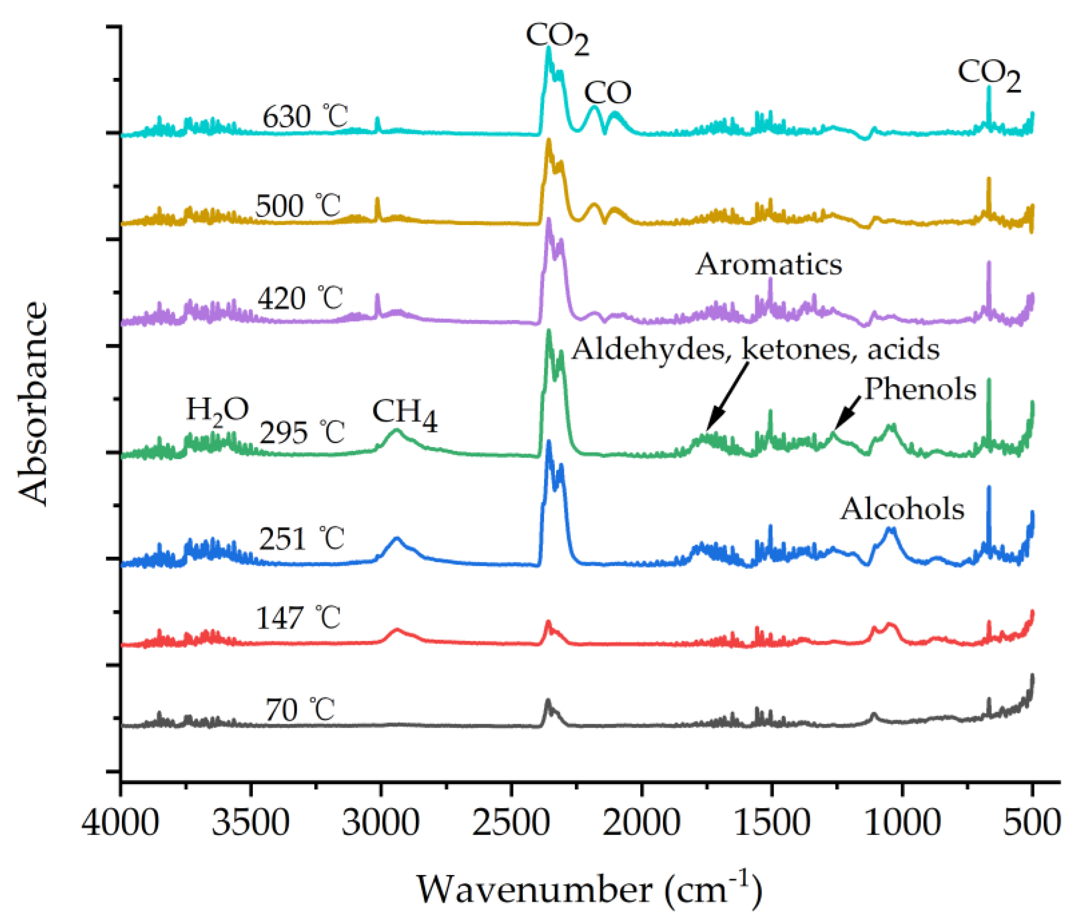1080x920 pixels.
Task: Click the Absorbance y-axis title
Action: click(x=32, y=403)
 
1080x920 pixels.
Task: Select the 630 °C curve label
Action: click(x=305, y=116)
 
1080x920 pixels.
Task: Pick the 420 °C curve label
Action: click(x=300, y=299)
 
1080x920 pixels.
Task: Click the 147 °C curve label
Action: click(x=298, y=619)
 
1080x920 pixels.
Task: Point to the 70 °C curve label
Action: click(x=300, y=710)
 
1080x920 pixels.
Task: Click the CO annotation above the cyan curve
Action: click(x=607, y=93)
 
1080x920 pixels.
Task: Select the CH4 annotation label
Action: click(x=405, y=415)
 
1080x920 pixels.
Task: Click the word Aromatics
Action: click(x=769, y=264)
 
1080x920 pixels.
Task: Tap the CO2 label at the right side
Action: click(x=989, y=76)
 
